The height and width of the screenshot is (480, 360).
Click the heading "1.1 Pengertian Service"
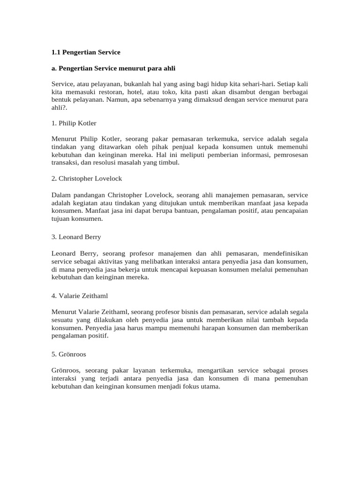point(86,52)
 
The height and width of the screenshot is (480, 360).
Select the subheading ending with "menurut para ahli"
point(113,68)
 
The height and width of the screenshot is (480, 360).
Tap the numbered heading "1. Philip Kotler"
point(74,123)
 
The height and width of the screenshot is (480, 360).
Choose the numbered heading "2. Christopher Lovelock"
point(87,179)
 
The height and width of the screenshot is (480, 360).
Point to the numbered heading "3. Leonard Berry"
point(76,237)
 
